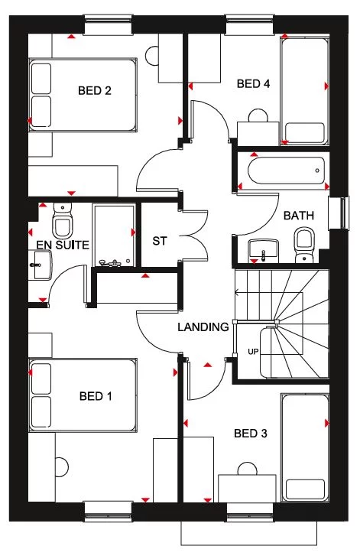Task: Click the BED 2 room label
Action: click(x=95, y=91)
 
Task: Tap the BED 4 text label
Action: click(x=253, y=84)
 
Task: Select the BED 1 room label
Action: click(x=96, y=396)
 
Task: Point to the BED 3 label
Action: click(x=250, y=434)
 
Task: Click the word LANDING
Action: click(x=203, y=327)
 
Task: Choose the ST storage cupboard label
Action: click(x=159, y=241)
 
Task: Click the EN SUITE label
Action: click(x=63, y=245)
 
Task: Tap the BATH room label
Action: click(x=299, y=216)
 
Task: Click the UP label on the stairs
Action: click(x=252, y=352)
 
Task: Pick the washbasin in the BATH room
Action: click(x=264, y=249)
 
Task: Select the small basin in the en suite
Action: click(x=40, y=265)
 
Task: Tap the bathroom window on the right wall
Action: click(x=335, y=213)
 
